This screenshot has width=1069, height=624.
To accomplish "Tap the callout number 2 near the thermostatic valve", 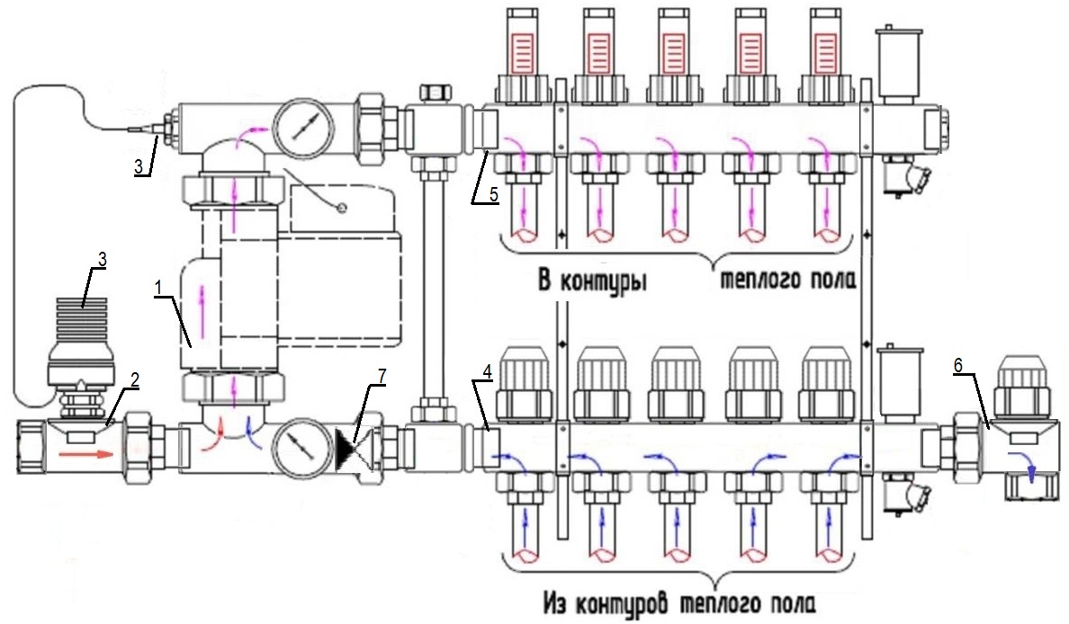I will pyautogui.click(x=133, y=380).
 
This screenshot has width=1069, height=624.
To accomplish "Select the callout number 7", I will pyautogui.click(x=381, y=377).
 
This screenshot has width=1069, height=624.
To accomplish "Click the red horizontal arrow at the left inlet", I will pyautogui.click(x=88, y=455).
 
